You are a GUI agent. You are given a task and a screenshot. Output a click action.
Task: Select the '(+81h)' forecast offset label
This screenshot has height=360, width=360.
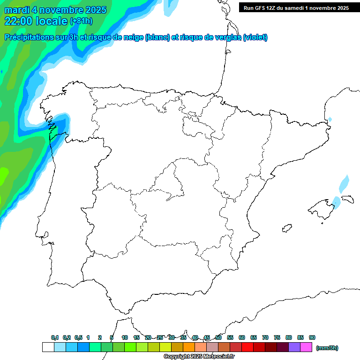click(x=81, y=21)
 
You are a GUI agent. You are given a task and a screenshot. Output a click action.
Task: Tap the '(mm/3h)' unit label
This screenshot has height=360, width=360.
click(x=327, y=348)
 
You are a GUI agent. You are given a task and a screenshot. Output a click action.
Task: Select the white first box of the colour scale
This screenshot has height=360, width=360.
click(x=48, y=347)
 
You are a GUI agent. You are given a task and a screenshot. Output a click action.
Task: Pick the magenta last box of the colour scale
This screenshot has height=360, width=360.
click(x=306, y=347)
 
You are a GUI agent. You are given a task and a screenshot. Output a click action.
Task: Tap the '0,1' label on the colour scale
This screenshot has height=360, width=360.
click(x=55, y=337)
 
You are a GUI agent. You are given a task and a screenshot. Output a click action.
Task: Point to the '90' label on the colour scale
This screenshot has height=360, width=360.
click(x=312, y=337)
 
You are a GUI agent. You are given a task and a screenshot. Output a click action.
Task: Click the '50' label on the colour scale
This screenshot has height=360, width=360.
click(x=218, y=337)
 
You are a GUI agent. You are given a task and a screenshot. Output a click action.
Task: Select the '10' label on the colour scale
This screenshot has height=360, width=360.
click(x=125, y=337)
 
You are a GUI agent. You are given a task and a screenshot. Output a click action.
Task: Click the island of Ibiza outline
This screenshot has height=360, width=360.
click(x=287, y=229)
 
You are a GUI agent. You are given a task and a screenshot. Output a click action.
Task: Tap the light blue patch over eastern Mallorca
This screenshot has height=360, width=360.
click(x=336, y=202)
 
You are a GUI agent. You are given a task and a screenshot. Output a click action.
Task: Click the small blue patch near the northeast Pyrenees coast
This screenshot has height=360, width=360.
click(x=330, y=120)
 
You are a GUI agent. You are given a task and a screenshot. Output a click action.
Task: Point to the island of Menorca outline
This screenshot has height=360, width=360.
click(x=347, y=199)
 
